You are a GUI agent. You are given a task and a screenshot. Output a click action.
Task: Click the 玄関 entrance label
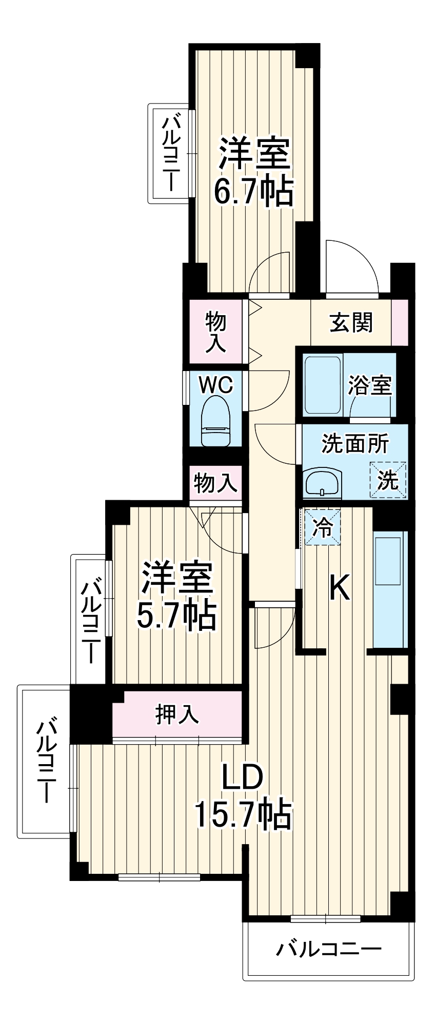pyautogui.click(x=351, y=322)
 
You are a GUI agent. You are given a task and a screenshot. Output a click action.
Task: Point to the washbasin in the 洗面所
pyautogui.click(x=322, y=482)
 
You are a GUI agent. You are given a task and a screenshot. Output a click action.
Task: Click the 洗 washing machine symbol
pyautogui.click(x=388, y=480)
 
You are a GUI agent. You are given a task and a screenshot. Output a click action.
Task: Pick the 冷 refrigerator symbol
pyautogui.click(x=323, y=526)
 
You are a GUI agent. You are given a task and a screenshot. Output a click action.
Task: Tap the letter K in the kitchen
pyautogui.click(x=339, y=588)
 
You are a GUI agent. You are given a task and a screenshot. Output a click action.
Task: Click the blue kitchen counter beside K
pyautogui.click(x=390, y=589)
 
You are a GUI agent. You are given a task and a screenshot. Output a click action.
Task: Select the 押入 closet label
pyautogui.click(x=177, y=714)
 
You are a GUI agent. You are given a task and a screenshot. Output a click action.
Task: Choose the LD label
pyautogui.click(x=242, y=778)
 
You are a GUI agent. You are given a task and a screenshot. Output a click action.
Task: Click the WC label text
pyautogui.click(x=215, y=384)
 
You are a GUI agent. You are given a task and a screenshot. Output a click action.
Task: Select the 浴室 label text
pyautogui.click(x=370, y=385)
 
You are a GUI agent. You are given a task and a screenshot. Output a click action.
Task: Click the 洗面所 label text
pyautogui.click(x=355, y=444)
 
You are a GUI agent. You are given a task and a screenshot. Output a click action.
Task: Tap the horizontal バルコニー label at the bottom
pyautogui.click(x=329, y=950)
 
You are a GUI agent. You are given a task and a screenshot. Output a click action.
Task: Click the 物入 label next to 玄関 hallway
pyautogui.click(x=215, y=332)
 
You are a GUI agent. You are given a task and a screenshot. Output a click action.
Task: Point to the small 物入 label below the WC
pyautogui.click(x=215, y=483)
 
